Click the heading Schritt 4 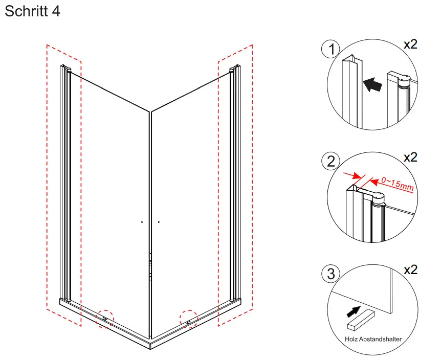pyautogui.click(x=32, y=11)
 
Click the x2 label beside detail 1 pyautogui.click(x=410, y=44)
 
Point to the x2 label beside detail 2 pyautogui.click(x=410, y=157)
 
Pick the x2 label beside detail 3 pyautogui.click(x=410, y=269)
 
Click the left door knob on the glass pyautogui.click(x=141, y=222)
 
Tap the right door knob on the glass pyautogui.click(x=159, y=222)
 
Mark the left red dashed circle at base pyautogui.click(x=106, y=319)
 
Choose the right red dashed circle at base pyautogui.click(x=189, y=319)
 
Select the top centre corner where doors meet pyautogui.click(x=150, y=111)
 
